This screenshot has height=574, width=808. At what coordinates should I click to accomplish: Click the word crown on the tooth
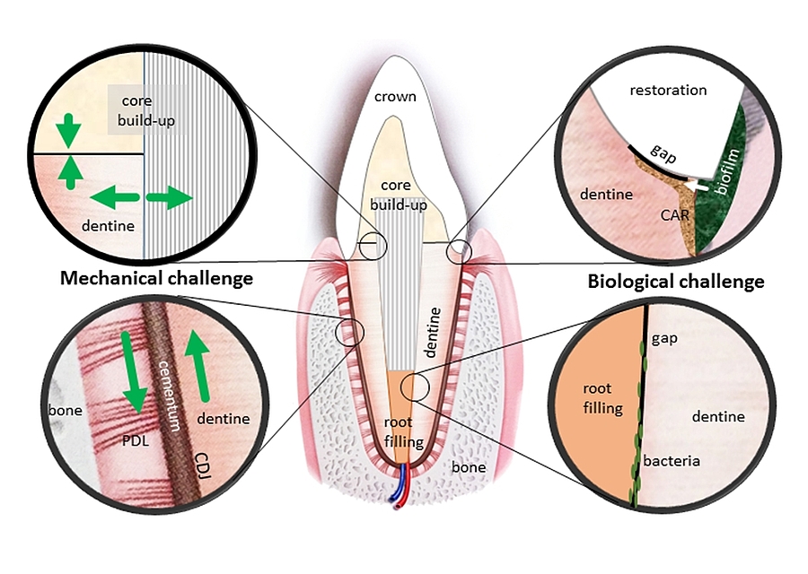[395, 96]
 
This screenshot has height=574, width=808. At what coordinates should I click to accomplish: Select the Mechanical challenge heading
[156, 278]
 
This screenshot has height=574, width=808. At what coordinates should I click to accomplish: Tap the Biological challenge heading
[676, 282]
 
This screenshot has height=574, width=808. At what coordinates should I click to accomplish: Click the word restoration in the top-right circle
[668, 91]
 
